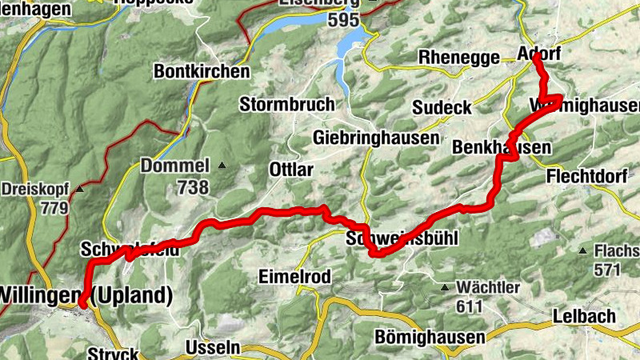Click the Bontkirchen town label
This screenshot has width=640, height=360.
coord(201,71)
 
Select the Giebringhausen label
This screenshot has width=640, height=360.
coord(376,137)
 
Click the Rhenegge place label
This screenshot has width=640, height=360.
coord(459,57)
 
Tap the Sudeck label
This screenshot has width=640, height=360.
coord(442,107)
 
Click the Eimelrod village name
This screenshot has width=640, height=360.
coord(294,276)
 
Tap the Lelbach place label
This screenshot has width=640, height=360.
coord(583,316)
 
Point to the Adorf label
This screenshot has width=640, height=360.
coord(539,54)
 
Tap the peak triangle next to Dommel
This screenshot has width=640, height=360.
coord(222,166)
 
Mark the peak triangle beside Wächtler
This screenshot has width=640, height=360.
coord(446,286)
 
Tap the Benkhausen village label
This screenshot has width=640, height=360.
coord(502,148)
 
